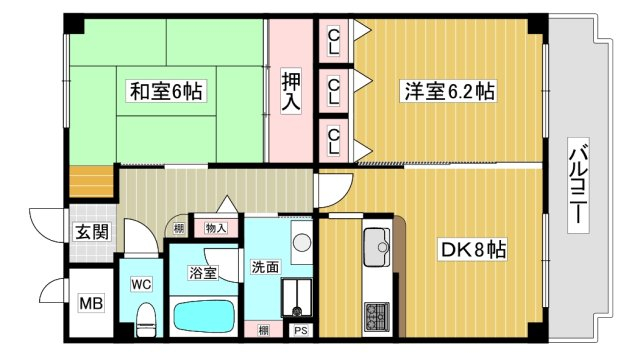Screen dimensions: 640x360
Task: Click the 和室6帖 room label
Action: coord(166,91)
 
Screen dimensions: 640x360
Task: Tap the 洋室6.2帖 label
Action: coord(449,91)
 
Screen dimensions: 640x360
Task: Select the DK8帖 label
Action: coord(473,249)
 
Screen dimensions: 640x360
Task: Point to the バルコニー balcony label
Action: coord(578,186)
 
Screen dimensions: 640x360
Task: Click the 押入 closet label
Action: coord(291,91)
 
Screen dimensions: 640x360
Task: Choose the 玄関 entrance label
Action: coord(93,232)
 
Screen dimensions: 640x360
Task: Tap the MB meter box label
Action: coord(91,304)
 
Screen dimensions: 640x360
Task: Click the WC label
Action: coord(141,284)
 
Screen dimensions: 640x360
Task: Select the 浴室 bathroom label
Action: coord(203,273)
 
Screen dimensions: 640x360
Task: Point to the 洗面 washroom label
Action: coord(265,267)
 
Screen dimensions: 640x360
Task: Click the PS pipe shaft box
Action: coord(301,330)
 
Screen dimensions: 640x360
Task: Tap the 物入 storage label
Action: coord(216,228)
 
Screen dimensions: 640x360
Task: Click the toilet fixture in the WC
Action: coord(146,320)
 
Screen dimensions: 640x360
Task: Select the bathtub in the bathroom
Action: coord(204,317)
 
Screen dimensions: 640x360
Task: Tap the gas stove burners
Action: coord(377,316)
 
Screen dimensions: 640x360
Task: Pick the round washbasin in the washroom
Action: coord(302,242)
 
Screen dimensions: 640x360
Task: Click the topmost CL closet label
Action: coord(333,41)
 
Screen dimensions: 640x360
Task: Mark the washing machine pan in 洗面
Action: coord(297,298)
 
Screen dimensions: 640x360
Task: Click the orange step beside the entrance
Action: coord(91,182)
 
